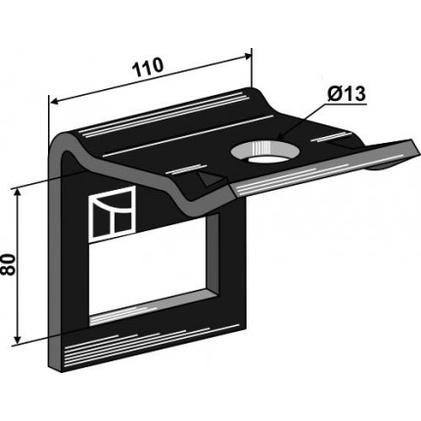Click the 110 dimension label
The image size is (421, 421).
point(147,68)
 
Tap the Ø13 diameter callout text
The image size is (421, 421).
point(347,94)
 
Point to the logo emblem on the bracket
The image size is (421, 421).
point(113,214)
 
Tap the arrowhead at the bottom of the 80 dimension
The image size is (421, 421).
point(18,340)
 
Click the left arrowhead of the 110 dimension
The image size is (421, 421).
point(54,102)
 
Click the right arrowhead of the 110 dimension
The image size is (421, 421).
point(248,56)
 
